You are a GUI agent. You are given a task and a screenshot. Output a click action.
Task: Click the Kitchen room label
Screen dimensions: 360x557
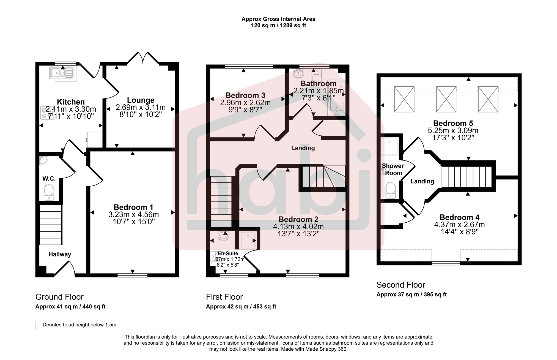click(x=71, y=102)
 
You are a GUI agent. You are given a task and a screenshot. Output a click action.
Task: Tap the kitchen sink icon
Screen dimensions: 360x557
click(x=62, y=73)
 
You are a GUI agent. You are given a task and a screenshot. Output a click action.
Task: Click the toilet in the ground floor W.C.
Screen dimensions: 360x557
click(x=49, y=192)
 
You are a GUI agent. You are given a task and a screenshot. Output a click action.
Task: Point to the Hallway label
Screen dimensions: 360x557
click(x=60, y=254)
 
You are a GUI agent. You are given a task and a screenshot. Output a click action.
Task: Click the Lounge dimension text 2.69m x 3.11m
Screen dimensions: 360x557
click(x=141, y=107)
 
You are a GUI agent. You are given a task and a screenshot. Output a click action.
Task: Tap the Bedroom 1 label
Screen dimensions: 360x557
click(x=133, y=207)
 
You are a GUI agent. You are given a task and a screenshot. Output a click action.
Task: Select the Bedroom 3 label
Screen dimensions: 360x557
click(x=245, y=96)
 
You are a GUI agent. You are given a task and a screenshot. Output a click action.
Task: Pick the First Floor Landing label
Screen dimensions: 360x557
click(x=303, y=148)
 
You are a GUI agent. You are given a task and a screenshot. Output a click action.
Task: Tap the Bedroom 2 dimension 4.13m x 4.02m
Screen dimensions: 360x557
click(x=298, y=227)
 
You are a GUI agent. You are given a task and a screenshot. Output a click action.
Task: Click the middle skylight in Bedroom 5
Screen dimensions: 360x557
click(x=446, y=99)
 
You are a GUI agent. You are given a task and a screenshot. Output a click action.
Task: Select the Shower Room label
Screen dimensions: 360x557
click(x=393, y=169)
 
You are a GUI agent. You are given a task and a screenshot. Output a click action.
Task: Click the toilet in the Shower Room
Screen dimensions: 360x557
click(x=390, y=190)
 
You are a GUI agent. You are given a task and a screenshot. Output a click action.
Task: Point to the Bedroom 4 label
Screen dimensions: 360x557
click(x=459, y=217)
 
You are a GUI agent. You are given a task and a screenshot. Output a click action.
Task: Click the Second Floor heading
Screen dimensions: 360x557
click(x=400, y=285)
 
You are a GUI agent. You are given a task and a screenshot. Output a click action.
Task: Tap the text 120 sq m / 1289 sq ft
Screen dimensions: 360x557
click(x=278, y=26)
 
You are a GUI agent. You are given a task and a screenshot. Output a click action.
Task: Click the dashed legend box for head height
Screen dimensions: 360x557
click(x=37, y=326)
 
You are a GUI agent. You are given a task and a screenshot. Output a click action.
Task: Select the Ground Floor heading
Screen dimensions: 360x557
click(x=59, y=297)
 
